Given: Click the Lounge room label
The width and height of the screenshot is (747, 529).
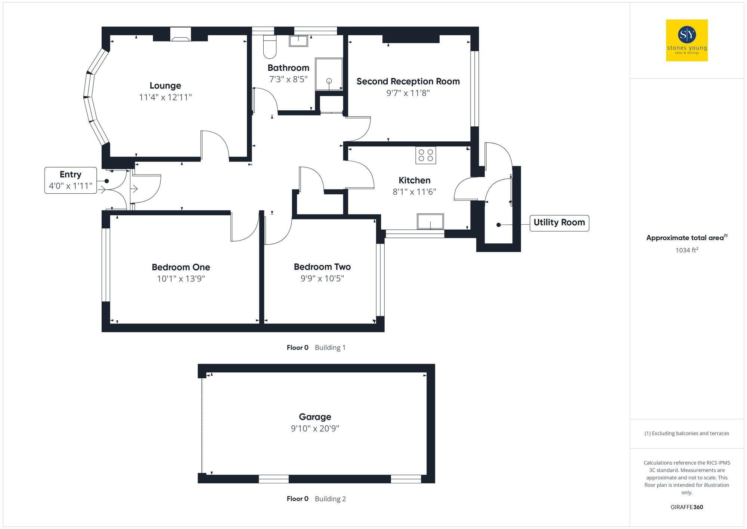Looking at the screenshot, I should (x=165, y=86).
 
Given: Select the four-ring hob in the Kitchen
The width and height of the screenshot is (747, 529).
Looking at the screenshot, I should (x=425, y=155).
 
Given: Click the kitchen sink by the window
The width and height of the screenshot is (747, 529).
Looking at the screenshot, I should (x=430, y=221).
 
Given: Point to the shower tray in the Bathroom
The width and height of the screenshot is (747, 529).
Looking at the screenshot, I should (x=329, y=74).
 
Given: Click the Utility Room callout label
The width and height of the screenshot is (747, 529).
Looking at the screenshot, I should (x=559, y=223).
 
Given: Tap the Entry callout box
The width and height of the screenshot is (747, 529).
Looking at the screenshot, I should (x=71, y=180).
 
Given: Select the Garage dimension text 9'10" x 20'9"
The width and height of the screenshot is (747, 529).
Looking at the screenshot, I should (x=315, y=428).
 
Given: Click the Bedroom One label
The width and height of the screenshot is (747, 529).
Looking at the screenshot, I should (x=181, y=267).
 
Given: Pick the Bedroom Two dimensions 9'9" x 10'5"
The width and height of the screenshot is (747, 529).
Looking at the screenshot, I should (x=322, y=279).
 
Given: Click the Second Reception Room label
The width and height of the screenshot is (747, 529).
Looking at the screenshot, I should (x=408, y=81).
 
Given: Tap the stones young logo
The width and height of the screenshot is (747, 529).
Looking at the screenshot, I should (x=686, y=40).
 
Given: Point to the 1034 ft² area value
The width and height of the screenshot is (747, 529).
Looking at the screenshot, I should (x=686, y=250).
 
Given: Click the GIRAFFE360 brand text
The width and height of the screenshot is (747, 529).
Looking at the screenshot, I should (x=686, y=507).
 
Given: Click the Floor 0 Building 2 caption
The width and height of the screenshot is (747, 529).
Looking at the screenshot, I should (x=316, y=499).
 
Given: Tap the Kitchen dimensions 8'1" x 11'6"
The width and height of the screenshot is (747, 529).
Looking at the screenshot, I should (x=414, y=192).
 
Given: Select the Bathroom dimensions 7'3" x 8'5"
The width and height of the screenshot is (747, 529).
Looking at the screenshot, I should (x=288, y=79).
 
